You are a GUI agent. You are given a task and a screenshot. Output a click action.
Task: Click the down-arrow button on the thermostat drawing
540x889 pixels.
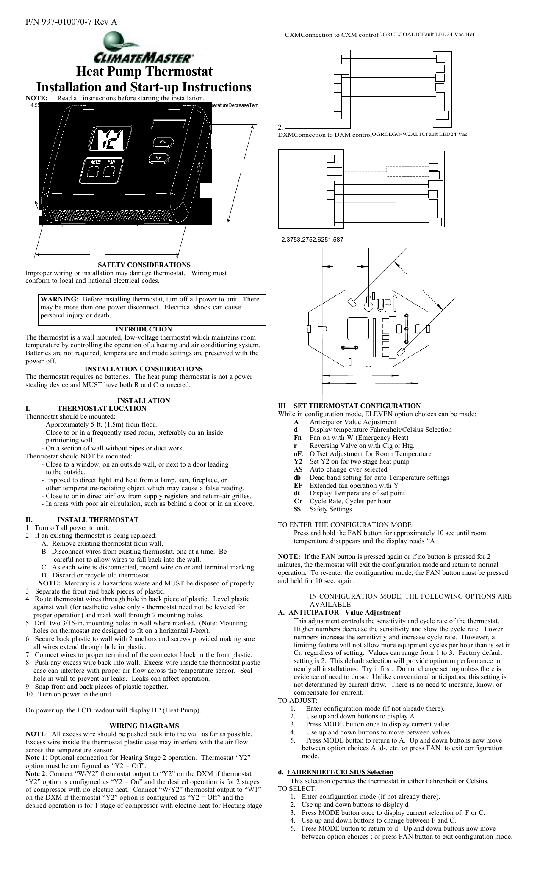[x=159, y=158]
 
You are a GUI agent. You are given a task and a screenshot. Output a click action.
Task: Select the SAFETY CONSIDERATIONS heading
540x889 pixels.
[x=144, y=265]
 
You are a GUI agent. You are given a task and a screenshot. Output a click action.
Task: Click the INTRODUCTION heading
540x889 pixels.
[x=144, y=329]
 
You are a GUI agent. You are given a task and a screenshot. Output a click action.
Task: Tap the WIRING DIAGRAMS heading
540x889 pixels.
[x=144, y=726]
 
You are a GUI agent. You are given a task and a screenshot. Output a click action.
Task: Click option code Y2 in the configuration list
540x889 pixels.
[x=298, y=461]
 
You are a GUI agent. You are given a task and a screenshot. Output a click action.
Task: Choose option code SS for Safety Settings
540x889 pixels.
[x=298, y=509]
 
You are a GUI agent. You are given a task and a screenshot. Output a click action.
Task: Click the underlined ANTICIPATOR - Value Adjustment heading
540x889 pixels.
[x=344, y=613]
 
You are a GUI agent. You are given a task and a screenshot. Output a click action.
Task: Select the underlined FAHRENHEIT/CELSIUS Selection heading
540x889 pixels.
[x=340, y=772]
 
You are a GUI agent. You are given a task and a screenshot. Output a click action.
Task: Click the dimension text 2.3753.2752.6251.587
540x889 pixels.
[x=313, y=240]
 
